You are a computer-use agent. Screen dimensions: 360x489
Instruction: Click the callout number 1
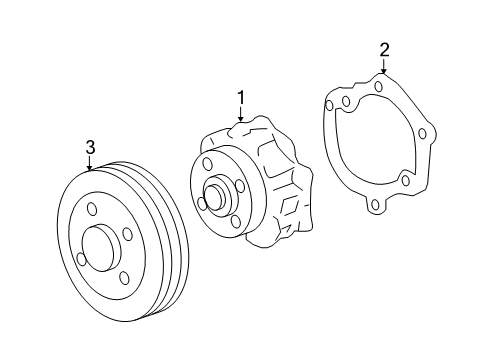coord(241,98)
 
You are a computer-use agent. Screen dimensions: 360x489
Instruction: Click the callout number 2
coord(383,48)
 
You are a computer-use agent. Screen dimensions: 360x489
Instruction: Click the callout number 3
coord(90,148)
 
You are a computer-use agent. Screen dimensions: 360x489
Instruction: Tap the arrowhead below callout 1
coord(241,121)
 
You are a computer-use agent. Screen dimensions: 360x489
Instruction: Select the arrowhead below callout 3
coord(90,170)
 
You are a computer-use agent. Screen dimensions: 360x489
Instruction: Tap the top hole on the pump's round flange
coord(207,163)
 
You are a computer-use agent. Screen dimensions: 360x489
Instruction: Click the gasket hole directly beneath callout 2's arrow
coord(380,86)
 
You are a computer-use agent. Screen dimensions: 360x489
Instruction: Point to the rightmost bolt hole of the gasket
coord(423,132)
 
